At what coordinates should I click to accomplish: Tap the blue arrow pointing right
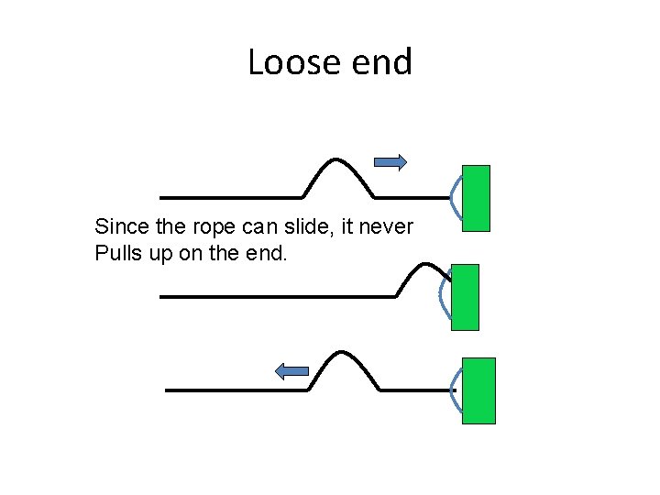(391, 162)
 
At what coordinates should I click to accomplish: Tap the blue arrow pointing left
(292, 370)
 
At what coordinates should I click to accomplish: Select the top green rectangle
(476, 198)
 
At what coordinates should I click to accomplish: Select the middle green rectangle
(466, 297)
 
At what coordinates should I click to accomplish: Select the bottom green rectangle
(478, 390)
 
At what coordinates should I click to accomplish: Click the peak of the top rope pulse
(338, 159)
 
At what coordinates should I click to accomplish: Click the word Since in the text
(118, 226)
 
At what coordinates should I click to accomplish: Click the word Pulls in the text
(116, 253)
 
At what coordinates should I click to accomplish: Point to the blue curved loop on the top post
(456, 196)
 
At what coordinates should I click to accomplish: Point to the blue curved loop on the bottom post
(456, 390)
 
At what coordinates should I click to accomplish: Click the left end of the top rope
(162, 197)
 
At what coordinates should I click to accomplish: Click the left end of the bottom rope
(168, 390)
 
